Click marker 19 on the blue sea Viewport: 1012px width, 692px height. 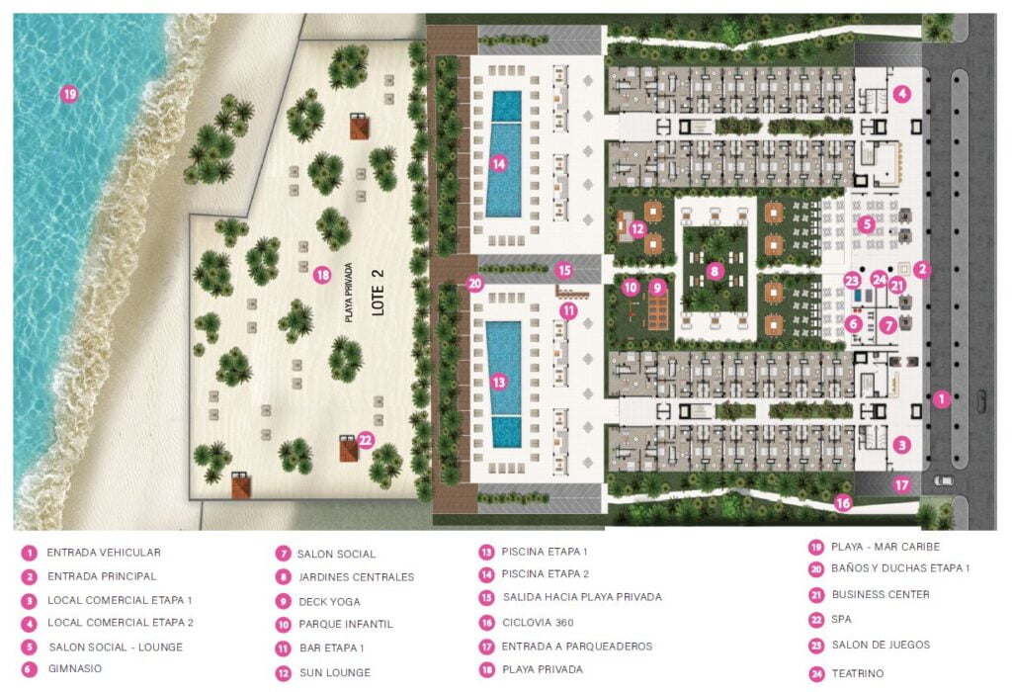coord(68,95)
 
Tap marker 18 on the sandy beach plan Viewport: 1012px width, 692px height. coord(321,275)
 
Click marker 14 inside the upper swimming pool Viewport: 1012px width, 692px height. coord(499,164)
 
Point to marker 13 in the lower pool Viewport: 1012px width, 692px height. coord(499,381)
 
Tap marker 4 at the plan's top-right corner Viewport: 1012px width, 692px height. coord(901,94)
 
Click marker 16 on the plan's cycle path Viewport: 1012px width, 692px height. coord(843,503)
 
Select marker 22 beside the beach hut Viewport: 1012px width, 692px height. coord(366,441)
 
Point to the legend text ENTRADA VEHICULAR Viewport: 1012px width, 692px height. coord(104,553)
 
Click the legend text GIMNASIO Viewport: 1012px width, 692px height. coord(74,668)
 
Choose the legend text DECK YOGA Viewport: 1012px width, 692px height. coord(329,601)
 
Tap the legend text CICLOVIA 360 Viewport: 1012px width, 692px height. coord(539,622)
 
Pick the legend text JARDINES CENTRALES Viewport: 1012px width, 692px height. coord(356,577)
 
